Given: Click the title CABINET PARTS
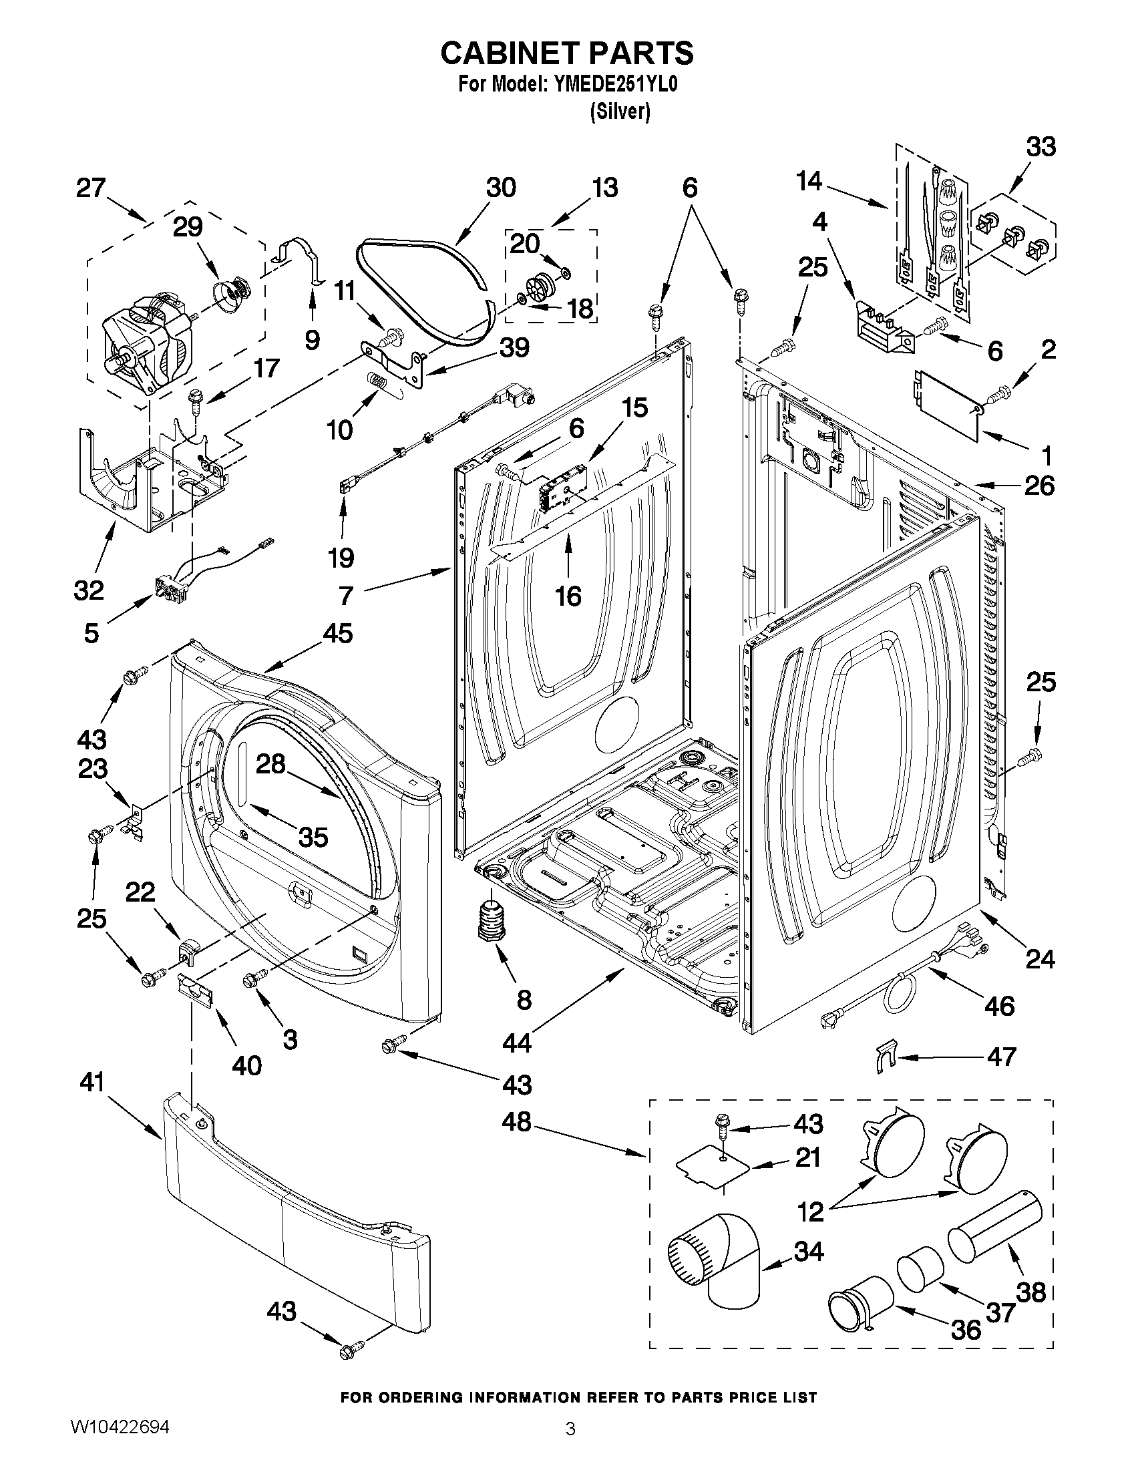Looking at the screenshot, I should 566,53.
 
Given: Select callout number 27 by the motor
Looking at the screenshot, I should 91,188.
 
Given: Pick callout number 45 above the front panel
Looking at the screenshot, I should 337,633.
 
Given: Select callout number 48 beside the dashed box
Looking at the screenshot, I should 516,1122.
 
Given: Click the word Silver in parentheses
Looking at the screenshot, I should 620,112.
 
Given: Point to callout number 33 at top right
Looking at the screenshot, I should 1040,147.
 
